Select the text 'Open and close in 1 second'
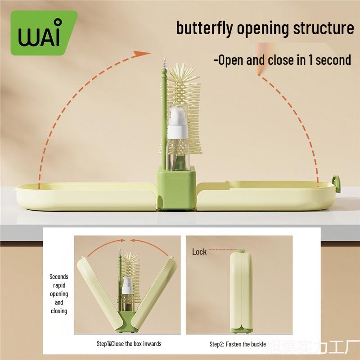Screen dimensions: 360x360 pyautogui.click(x=282, y=60)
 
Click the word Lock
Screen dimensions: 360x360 pyautogui.click(x=199, y=252)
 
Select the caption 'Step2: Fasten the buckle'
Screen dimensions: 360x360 pyautogui.click(x=238, y=344)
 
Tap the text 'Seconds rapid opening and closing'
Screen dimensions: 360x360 pyautogui.click(x=59, y=294)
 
